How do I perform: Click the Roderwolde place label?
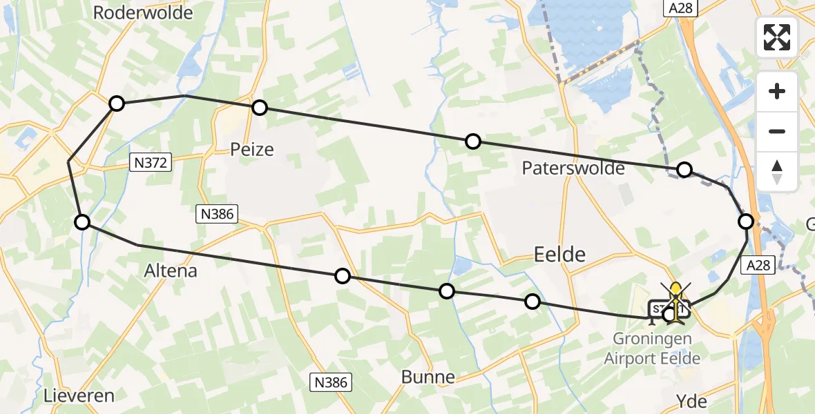tap(143, 12)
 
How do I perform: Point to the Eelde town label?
tap(560, 255)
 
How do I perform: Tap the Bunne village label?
tap(429, 377)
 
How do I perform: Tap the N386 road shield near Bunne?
tap(330, 382)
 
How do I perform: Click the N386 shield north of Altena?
tap(218, 214)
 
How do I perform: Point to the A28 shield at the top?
tap(682, 8)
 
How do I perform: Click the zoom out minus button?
tap(777, 131)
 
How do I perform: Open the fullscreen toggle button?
tap(777, 37)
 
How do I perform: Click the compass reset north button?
tap(777, 171)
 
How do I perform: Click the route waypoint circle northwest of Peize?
tap(117, 103)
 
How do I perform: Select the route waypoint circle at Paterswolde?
tap(684, 170)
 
